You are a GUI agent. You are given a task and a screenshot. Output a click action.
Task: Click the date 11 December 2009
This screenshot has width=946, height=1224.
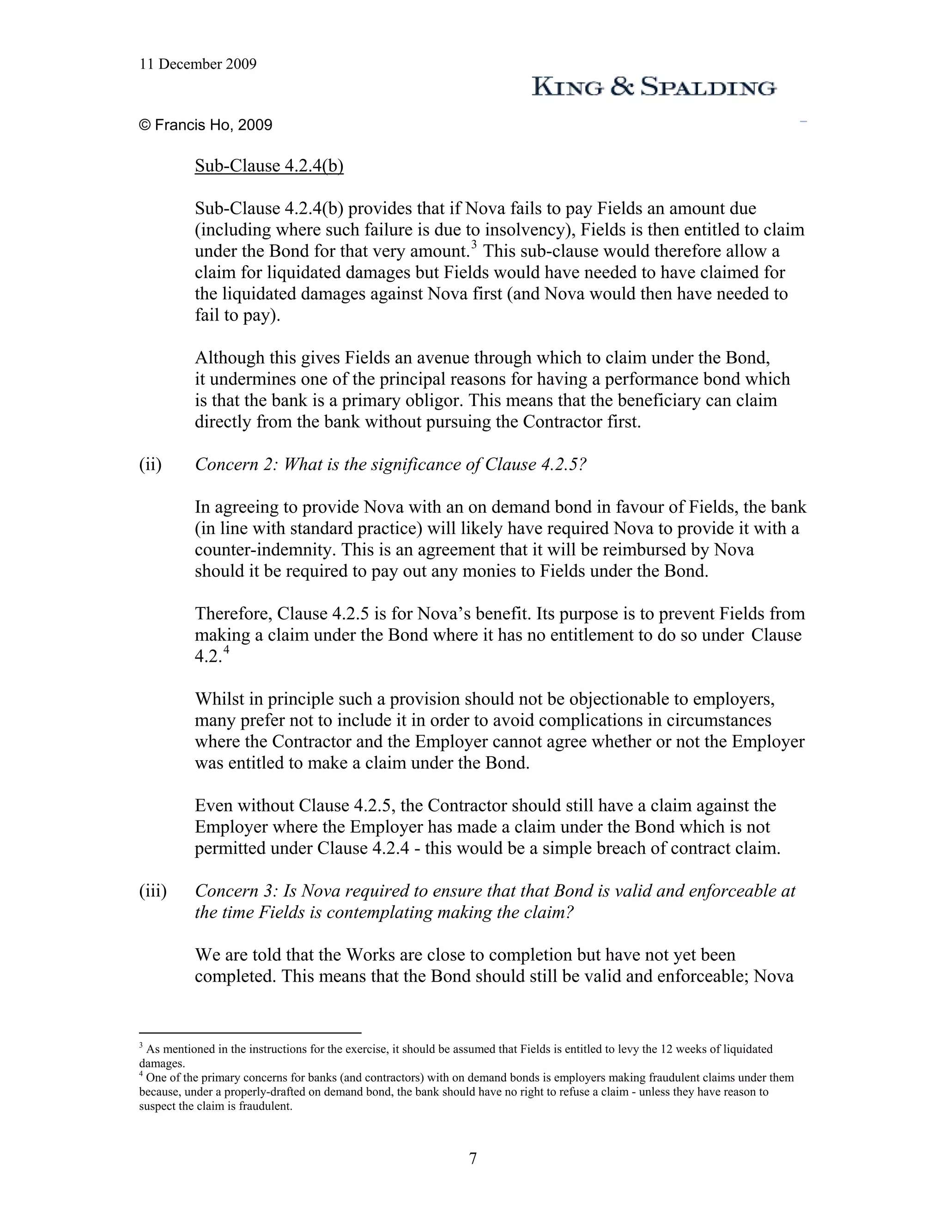(198, 65)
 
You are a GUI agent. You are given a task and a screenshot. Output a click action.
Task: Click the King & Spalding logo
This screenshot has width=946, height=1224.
(654, 87)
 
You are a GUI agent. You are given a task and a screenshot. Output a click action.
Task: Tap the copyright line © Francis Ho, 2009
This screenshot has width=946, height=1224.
(206, 125)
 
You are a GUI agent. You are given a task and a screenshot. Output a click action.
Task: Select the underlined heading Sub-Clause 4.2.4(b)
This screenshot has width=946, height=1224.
(269, 166)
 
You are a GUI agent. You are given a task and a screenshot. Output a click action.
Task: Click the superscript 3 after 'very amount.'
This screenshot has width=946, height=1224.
(473, 244)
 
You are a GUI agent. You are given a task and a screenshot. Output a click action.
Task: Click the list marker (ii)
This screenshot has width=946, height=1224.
(150, 465)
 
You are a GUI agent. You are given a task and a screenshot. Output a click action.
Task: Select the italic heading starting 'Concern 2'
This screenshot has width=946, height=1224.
(390, 465)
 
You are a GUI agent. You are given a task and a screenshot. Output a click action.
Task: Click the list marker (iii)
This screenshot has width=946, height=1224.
(152, 891)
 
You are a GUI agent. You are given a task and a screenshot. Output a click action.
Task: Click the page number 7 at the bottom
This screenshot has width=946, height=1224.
(473, 1158)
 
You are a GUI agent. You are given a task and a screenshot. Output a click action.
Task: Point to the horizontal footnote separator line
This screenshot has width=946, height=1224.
(250, 1032)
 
